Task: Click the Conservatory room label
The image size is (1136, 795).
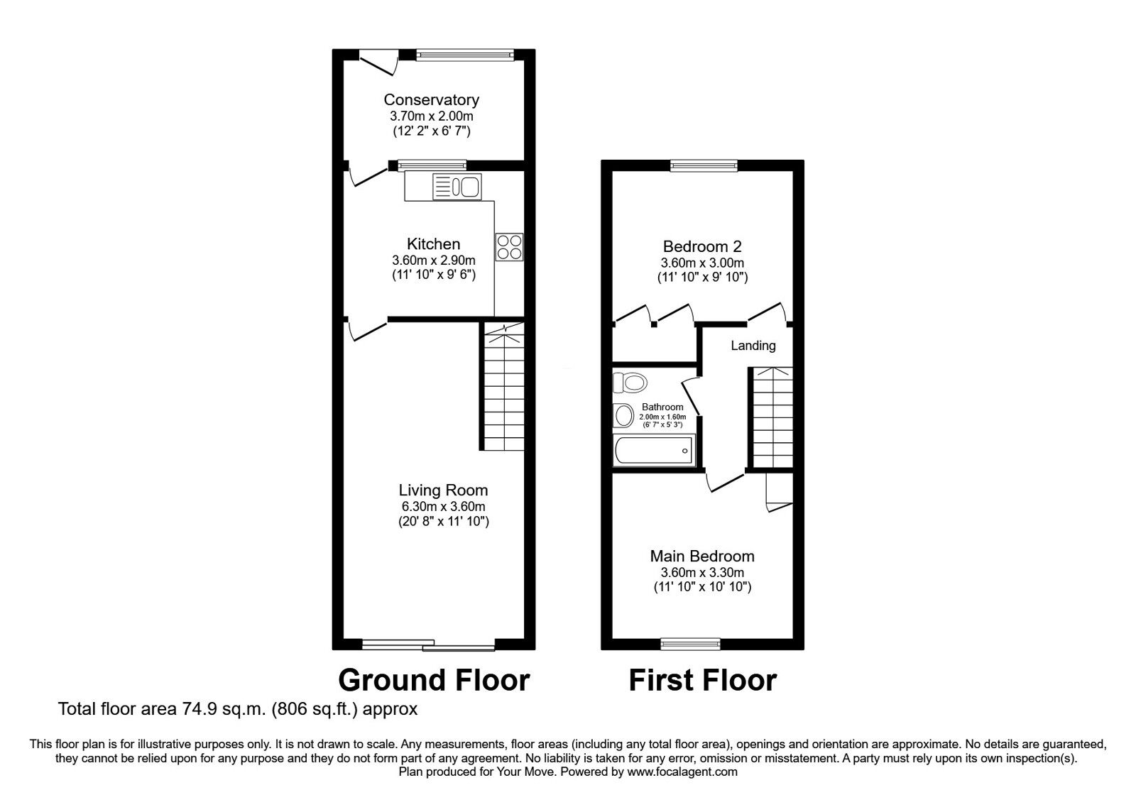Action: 431,100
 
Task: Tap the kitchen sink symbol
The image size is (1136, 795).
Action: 457,187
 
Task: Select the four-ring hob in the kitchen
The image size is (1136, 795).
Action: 509,247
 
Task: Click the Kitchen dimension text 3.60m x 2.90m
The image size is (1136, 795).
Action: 433,260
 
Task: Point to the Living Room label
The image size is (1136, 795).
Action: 443,490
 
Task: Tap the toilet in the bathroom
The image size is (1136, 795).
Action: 630,383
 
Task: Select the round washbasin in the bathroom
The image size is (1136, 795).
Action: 624,415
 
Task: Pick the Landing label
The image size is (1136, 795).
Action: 753,346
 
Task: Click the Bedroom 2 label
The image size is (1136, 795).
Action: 702,247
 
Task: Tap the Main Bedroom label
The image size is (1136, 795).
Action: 702,556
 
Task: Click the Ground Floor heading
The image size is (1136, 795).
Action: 434,680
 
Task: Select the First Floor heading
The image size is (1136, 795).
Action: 702,680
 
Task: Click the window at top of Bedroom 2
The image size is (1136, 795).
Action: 704,166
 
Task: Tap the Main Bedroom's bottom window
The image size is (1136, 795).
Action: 690,644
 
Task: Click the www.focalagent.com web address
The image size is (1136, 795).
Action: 682,772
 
